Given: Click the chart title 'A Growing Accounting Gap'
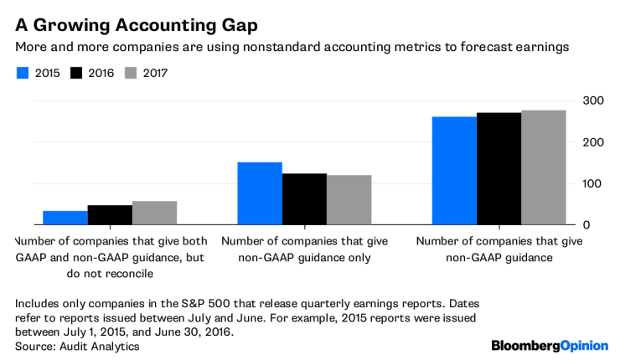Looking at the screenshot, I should tap(131, 18).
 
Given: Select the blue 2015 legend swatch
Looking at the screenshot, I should tap(23, 73).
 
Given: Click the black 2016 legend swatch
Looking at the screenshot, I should tap(77, 73).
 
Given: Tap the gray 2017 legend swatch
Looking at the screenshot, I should tap(132, 73).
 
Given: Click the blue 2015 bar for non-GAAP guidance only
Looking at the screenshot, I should tap(259, 193).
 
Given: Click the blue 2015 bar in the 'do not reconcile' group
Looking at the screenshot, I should tap(65, 218).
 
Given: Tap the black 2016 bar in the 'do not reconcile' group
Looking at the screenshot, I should tap(110, 215).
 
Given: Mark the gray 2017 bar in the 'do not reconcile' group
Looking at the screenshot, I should tap(154, 213).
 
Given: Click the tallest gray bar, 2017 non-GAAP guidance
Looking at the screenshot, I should tap(543, 167).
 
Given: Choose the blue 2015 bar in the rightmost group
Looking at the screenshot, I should tap(454, 171).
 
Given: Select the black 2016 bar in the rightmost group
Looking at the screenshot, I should tap(499, 168).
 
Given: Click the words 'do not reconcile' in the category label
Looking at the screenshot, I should tap(110, 273).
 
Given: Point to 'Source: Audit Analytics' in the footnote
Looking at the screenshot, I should tap(78, 346).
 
